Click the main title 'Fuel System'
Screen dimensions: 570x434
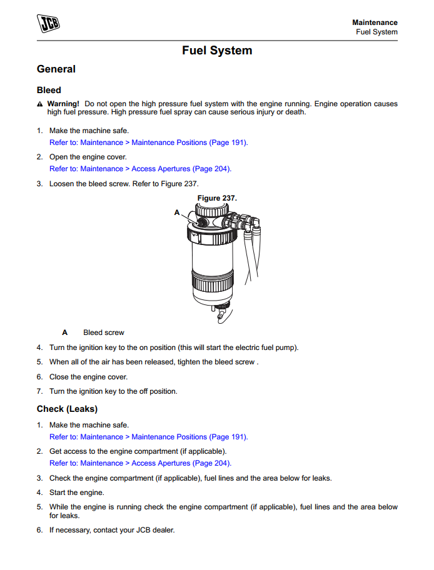click(217, 51)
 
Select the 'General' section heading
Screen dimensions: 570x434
click(56, 69)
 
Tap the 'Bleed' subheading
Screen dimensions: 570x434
click(49, 90)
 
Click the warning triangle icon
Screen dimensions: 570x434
click(40, 104)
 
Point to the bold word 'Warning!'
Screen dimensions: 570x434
click(63, 104)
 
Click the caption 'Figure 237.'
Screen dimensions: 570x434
click(217, 198)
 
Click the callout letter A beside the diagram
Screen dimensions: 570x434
click(177, 212)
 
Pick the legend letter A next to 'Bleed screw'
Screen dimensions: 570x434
click(65, 332)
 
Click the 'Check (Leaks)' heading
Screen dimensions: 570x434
click(67, 409)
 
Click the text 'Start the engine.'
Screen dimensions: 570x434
click(77, 492)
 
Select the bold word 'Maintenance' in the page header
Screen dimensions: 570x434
click(375, 22)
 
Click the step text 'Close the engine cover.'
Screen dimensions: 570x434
click(88, 377)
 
